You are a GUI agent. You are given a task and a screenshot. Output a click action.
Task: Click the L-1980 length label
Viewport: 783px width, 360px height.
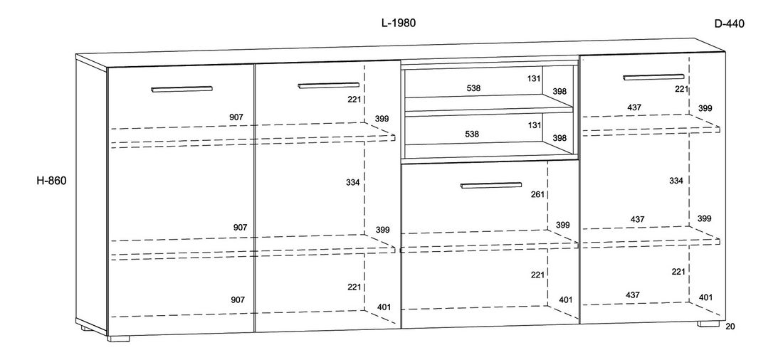[398, 23]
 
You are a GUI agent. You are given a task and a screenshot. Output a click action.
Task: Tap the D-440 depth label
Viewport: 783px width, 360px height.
[729, 23]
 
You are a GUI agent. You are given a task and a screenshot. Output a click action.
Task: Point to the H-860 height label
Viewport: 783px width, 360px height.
[51, 181]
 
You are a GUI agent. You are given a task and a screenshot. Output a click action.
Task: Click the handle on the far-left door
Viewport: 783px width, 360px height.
[182, 89]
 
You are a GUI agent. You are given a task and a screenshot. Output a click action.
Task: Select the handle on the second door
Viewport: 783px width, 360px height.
[328, 85]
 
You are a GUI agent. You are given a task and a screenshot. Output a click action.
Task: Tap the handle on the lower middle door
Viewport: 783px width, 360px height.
[492, 186]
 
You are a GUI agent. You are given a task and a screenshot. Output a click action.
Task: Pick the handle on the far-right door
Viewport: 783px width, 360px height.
[653, 77]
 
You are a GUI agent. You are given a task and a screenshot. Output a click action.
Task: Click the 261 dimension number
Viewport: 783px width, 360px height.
[538, 194]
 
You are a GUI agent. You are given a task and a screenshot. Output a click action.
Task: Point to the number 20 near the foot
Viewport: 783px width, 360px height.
[730, 327]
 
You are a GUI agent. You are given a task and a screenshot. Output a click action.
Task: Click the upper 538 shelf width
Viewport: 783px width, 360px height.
[473, 88]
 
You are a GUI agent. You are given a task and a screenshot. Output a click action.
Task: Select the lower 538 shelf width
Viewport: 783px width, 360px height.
[471, 133]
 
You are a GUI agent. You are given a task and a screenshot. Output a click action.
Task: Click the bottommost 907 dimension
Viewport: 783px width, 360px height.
[238, 300]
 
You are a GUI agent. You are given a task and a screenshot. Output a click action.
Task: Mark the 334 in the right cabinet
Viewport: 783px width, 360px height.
[676, 181]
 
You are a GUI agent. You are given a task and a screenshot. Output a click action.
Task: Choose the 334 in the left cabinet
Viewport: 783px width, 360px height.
[353, 183]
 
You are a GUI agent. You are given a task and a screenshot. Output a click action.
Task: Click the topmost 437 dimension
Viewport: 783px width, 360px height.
[634, 107]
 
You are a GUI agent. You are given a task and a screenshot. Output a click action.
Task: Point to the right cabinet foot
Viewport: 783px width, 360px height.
[709, 324]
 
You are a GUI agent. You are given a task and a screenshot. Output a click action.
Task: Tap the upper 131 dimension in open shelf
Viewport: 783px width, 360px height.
[535, 79]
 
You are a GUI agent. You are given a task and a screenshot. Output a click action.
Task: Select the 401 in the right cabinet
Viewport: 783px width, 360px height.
[705, 297]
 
